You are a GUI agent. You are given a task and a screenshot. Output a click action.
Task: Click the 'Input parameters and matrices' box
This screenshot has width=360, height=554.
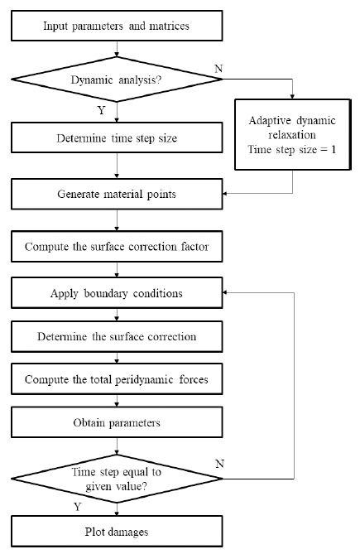click(116, 26)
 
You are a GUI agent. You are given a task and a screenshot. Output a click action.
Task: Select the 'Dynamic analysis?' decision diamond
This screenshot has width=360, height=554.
click(116, 79)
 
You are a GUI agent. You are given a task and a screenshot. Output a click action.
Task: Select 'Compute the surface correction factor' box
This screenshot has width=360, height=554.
click(116, 246)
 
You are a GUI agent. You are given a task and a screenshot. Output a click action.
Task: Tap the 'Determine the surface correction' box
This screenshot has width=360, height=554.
click(116, 337)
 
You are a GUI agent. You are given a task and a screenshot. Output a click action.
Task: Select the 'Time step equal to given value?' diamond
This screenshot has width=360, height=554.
click(116, 479)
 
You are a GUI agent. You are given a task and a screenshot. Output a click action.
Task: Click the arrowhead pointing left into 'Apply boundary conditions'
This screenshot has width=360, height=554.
click(226, 292)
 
